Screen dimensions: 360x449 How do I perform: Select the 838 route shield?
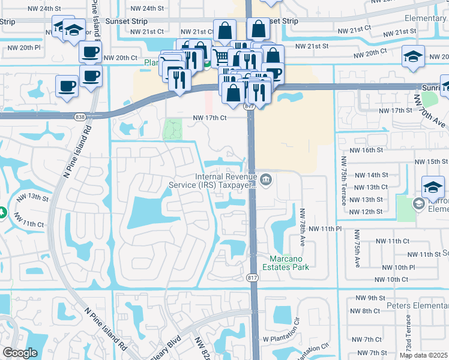point(80,118)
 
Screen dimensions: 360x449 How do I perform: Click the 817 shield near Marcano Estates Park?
point(252,277)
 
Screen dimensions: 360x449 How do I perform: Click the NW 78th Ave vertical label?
point(303,226)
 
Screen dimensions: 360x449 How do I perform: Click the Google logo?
point(20,353)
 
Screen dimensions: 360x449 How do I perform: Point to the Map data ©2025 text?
point(423,355)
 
